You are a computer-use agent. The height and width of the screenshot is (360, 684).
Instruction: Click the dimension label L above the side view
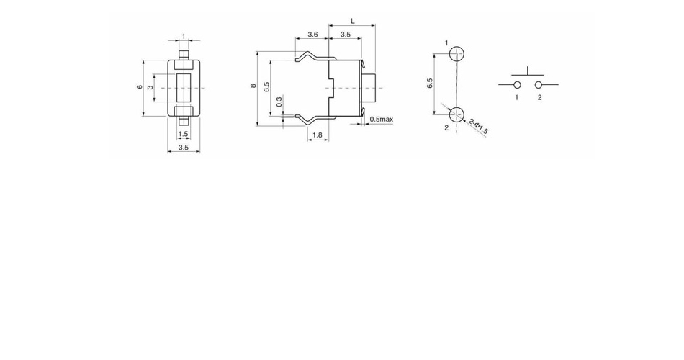[x=353, y=21]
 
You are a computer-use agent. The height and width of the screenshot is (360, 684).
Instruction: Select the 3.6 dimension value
[x=312, y=34]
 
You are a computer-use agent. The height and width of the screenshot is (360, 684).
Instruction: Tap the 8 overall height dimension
[x=253, y=86]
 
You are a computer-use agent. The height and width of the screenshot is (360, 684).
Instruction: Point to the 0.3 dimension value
[x=279, y=102]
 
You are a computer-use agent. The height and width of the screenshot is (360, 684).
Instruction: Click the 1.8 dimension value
[x=317, y=135]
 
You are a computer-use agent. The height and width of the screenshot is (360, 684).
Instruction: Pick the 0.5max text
[x=382, y=119]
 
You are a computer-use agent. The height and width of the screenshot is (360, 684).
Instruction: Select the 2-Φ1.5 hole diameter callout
[x=479, y=127]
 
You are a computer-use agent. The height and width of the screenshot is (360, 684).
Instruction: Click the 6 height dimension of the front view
[x=140, y=87]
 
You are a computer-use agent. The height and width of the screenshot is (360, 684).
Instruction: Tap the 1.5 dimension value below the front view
[x=183, y=134]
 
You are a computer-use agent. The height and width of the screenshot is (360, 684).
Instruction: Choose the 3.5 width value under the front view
[x=183, y=148]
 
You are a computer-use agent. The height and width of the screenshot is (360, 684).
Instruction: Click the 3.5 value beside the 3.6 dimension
[x=345, y=34]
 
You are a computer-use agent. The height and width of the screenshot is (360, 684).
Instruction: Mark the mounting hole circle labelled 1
[x=456, y=54]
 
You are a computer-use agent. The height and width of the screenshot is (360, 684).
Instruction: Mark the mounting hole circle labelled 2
[x=456, y=114]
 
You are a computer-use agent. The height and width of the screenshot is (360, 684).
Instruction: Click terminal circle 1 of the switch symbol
[x=517, y=85]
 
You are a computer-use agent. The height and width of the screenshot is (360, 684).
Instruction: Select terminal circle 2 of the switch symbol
[x=539, y=85]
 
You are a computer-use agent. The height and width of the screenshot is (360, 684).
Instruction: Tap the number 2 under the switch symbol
[x=539, y=97]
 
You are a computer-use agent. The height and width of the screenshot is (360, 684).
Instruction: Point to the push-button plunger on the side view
[x=369, y=88]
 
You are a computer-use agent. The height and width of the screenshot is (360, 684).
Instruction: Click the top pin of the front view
[x=184, y=55]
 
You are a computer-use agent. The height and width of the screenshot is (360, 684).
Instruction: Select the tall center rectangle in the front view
[x=184, y=88]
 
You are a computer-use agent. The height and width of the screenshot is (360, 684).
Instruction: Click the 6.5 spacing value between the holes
[x=430, y=84]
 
